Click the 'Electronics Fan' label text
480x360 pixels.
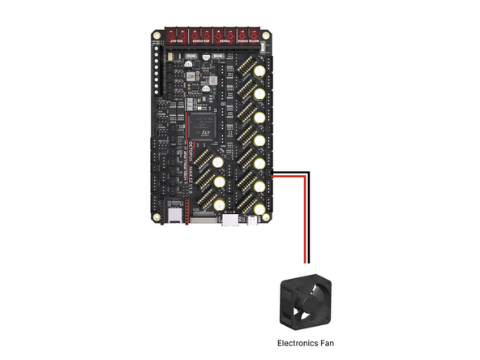click(x=305, y=343)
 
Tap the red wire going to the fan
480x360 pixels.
click(x=305, y=219)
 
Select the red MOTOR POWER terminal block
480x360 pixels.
click(x=247, y=36)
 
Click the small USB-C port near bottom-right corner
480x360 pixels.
click(x=255, y=220)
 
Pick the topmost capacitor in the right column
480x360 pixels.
click(x=258, y=72)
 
